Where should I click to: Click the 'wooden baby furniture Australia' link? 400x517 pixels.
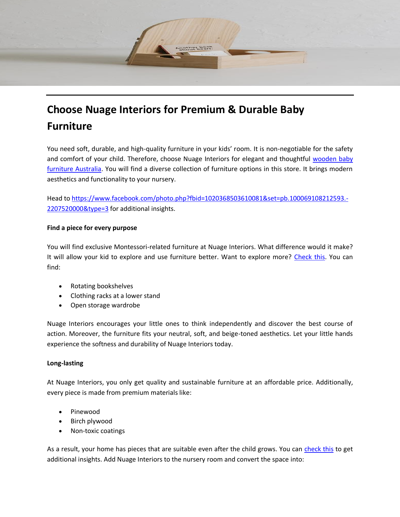tap(333, 159)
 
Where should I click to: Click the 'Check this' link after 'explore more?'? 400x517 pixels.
tap(309, 257)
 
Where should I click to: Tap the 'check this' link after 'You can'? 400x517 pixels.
tap(319, 449)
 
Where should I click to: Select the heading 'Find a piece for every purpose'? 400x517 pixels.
tap(92, 228)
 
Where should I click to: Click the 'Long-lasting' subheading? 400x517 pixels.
tap(65, 363)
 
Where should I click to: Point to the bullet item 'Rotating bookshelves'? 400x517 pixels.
tap(102, 286)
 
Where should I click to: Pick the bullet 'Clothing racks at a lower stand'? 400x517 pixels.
tap(115, 296)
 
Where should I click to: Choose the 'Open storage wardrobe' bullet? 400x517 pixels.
tap(105, 305)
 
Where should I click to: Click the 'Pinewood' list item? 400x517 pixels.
tap(85, 412)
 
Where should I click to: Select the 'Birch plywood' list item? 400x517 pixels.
tap(91, 421)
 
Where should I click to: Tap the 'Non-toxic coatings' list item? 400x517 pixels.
tap(98, 431)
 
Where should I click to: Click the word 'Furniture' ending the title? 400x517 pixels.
tap(69, 126)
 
